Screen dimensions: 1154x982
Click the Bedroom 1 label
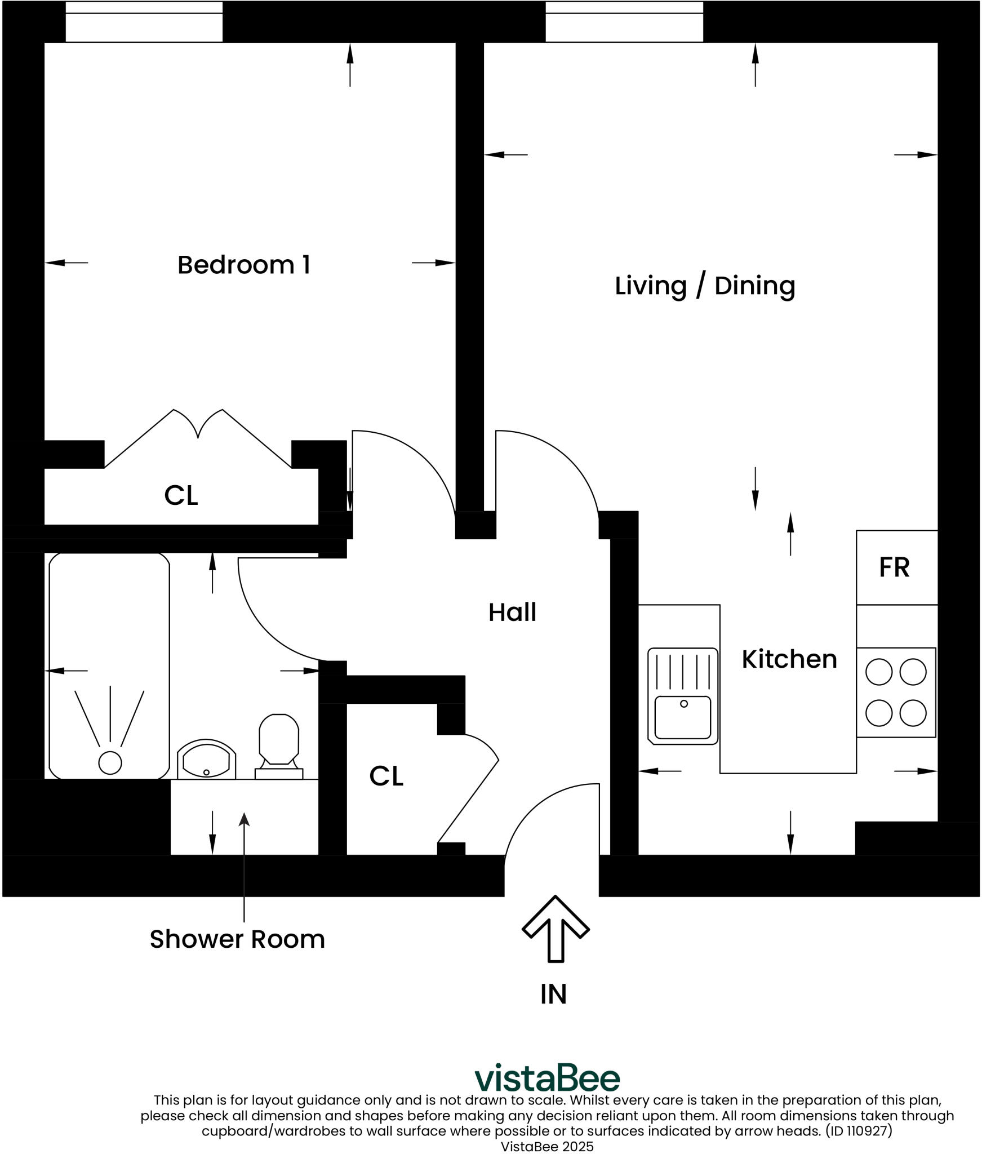243,265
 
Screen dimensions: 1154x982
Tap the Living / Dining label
704,286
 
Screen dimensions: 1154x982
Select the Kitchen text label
789,659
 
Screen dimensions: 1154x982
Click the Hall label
512,612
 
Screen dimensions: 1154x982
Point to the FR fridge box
896,567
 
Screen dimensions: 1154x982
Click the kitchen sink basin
682,717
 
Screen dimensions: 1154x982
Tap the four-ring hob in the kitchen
896,692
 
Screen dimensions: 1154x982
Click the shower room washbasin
206,761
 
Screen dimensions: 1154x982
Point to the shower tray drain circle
110,763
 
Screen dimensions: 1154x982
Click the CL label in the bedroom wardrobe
181,496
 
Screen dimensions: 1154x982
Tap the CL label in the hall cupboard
386,776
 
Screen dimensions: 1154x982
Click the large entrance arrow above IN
556,929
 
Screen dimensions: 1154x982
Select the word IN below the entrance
553,994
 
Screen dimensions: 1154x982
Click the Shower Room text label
237,939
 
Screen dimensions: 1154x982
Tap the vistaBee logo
546,1078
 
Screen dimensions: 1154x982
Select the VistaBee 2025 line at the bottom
546,1147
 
